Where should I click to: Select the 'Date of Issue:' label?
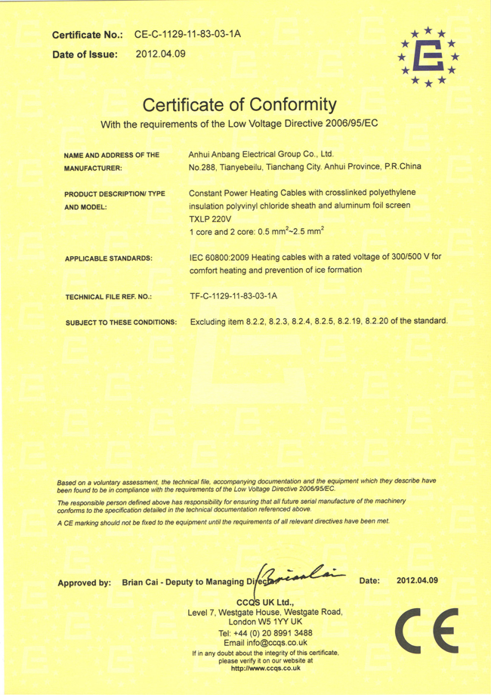[85, 54]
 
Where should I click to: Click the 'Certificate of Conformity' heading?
[238, 103]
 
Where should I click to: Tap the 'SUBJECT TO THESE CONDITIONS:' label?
[122, 323]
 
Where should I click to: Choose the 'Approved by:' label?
[85, 583]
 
